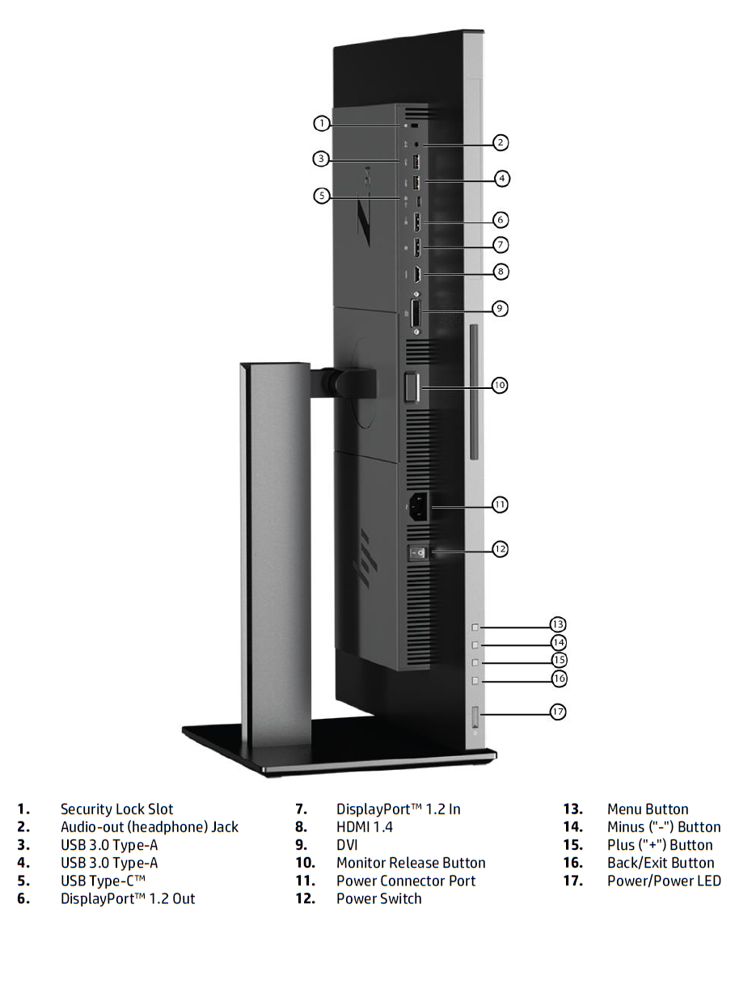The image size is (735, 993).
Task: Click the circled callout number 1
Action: (x=321, y=123)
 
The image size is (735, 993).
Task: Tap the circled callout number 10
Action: (x=500, y=385)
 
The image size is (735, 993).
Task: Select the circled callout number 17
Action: (x=558, y=712)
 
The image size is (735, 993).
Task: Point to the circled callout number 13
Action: (x=558, y=624)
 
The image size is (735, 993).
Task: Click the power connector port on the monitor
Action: (x=419, y=506)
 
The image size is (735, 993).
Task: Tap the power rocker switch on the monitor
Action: (x=417, y=554)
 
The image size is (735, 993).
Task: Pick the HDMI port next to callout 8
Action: (x=416, y=274)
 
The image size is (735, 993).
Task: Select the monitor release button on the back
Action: (x=412, y=387)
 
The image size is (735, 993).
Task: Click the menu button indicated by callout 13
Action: (x=475, y=627)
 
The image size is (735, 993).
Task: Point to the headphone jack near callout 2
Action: (x=417, y=145)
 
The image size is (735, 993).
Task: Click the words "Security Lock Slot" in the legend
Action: (x=116, y=809)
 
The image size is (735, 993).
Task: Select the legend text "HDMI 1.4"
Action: (x=365, y=827)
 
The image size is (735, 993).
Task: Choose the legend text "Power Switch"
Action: (x=378, y=898)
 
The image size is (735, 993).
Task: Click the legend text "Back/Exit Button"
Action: (x=661, y=863)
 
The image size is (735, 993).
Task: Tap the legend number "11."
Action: (x=306, y=881)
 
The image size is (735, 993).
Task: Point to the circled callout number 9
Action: (x=500, y=308)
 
